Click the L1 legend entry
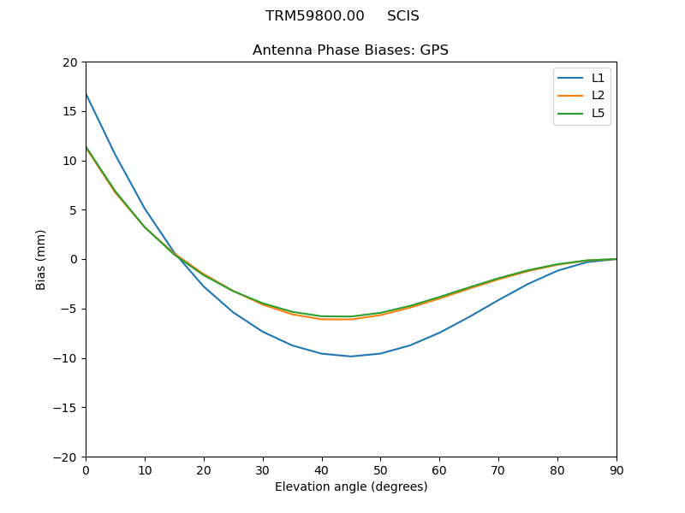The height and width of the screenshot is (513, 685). click(581, 78)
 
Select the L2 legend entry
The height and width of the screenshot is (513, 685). click(581, 96)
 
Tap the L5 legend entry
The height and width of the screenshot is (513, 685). click(581, 113)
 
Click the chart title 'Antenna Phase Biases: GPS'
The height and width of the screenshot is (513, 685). click(350, 50)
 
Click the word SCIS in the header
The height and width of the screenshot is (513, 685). click(402, 16)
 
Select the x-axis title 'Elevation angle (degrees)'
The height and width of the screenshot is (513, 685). click(350, 487)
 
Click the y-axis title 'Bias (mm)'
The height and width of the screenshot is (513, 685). click(41, 259)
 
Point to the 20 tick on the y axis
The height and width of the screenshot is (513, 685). click(69, 62)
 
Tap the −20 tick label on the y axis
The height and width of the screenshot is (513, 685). click(65, 457)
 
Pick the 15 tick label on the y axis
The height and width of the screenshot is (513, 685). click(69, 111)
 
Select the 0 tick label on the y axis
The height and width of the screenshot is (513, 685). click(73, 260)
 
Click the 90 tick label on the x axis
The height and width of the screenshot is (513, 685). click(616, 470)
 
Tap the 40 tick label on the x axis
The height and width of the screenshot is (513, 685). click(321, 470)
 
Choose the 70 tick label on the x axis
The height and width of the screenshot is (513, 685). click(498, 470)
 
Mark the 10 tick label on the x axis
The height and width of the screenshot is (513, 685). click(145, 470)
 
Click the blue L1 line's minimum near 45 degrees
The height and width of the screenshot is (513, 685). click(351, 357)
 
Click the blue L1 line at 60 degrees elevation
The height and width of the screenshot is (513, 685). click(439, 333)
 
